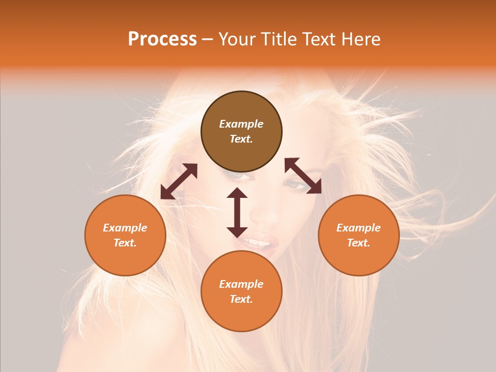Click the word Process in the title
(162, 39)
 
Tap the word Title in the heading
(280, 39)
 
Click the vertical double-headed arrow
(237, 212)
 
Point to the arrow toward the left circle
(179, 181)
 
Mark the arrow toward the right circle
(303, 176)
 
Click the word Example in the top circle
(241, 124)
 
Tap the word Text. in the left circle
(125, 243)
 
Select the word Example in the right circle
(359, 228)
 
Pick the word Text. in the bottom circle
(241, 299)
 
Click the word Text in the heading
(320, 39)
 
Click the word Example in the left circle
(125, 228)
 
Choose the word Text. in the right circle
(359, 243)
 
